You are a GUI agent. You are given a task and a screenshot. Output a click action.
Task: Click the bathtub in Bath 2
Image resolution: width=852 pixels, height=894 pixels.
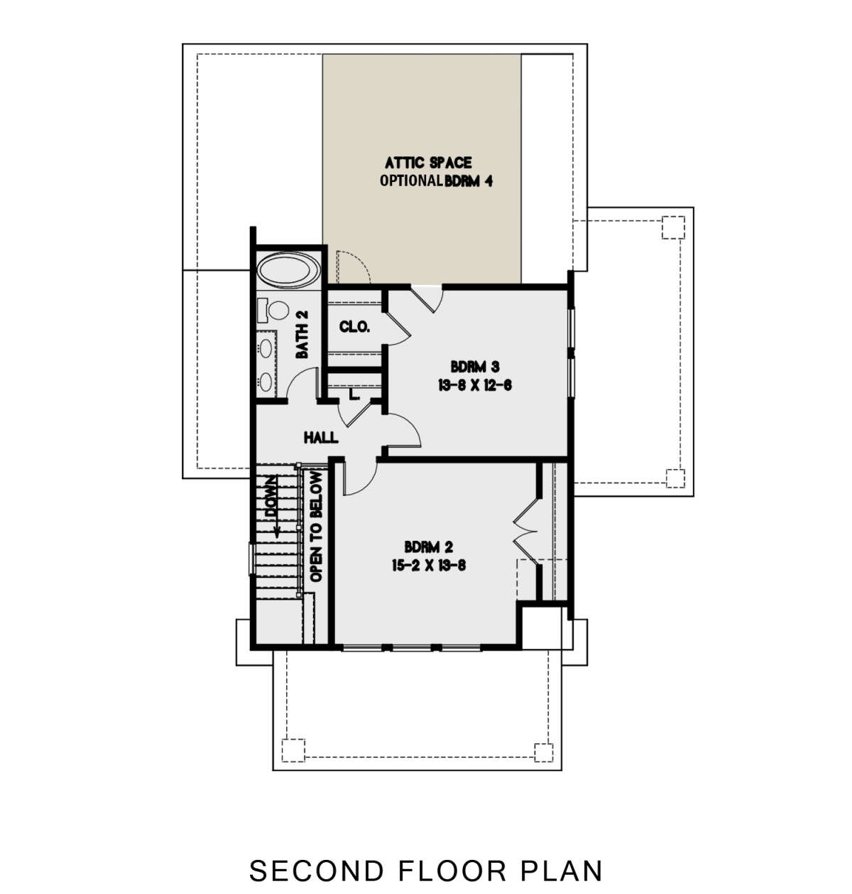point(288,270)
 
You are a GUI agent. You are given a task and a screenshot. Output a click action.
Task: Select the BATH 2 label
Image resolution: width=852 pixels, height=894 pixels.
point(302,334)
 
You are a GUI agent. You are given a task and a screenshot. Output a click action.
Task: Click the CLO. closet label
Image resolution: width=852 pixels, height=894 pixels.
point(354,326)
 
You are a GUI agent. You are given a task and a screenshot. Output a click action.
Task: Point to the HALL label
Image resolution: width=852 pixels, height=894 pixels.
point(321,438)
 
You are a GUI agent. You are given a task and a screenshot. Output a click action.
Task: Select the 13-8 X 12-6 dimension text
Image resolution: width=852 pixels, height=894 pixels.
point(475,386)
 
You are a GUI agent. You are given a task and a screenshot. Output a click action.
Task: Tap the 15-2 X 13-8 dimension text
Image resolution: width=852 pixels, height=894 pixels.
point(429,565)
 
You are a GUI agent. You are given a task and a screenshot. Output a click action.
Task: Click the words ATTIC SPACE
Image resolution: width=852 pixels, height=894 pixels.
point(429,162)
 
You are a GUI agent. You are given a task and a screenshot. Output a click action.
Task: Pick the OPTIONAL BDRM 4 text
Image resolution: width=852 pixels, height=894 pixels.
point(436,181)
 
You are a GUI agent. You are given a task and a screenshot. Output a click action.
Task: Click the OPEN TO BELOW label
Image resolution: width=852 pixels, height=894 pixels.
point(316,527)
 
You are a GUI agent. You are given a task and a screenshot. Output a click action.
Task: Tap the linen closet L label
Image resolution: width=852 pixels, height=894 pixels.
point(354,394)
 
